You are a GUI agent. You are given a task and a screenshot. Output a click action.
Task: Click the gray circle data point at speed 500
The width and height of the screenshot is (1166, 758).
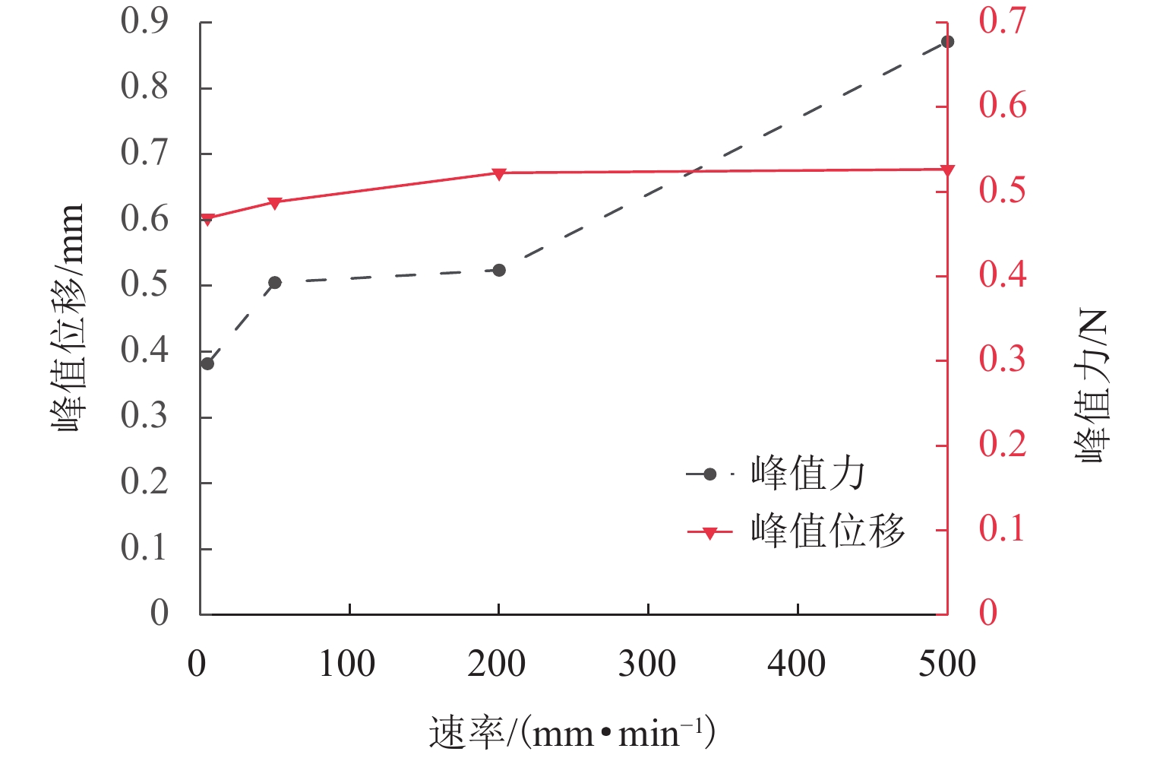[x=947, y=42]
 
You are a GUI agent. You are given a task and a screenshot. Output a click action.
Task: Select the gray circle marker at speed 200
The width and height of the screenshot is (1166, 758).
[x=499, y=271]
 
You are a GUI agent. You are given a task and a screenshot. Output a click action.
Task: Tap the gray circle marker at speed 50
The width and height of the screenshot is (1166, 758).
[x=275, y=283]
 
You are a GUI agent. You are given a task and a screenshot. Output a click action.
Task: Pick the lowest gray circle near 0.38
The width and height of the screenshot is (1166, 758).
[x=207, y=363]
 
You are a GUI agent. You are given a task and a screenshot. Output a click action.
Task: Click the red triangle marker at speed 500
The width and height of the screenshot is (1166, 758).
[x=947, y=170]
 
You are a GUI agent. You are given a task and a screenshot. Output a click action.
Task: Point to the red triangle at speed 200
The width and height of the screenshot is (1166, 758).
[x=499, y=174]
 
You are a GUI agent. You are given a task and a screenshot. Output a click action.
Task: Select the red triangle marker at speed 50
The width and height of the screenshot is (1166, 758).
[x=275, y=203]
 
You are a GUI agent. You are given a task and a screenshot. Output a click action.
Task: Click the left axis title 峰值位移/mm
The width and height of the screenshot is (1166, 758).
[x=68, y=318]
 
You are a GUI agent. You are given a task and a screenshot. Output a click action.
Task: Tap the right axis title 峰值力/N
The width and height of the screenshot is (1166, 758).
[x=1092, y=386]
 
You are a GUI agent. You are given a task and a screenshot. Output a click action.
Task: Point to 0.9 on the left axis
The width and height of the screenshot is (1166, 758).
[x=144, y=21]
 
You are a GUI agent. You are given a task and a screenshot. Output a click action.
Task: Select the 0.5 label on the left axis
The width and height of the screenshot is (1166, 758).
[x=144, y=285]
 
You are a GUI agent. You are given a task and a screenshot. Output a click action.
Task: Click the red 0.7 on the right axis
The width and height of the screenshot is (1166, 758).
[x=1002, y=21]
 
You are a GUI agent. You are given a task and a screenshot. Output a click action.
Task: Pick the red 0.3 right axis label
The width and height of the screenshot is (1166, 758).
[x=1002, y=360]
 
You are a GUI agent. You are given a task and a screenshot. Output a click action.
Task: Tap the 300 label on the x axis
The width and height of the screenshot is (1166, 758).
[x=647, y=664]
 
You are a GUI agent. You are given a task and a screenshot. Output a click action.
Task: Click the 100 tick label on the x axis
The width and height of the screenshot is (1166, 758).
[x=347, y=664]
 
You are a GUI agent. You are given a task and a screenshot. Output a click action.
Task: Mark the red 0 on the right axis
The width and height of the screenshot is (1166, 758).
[x=988, y=613]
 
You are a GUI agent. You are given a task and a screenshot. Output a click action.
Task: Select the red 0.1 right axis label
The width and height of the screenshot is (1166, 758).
[x=1002, y=529]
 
